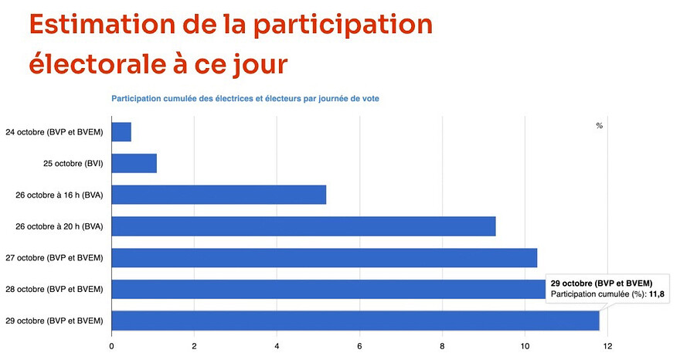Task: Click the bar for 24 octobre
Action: click(121, 132)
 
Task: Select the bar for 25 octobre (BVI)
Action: click(134, 163)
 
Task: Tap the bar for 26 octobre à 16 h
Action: click(219, 195)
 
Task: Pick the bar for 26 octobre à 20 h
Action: click(304, 226)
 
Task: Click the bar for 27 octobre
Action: click(325, 257)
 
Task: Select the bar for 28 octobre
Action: click(328, 289)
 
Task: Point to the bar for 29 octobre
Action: click(355, 320)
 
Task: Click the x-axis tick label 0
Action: click(112, 345)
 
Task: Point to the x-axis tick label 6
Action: click(359, 345)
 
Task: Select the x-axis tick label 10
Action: click(525, 345)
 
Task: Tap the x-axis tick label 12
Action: click(607, 345)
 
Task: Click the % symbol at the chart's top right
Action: click(599, 126)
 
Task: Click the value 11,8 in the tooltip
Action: click(657, 295)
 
